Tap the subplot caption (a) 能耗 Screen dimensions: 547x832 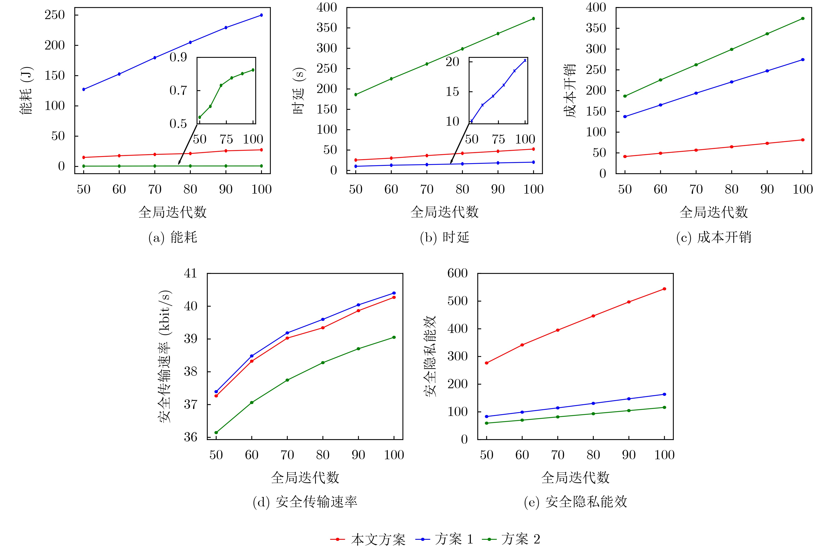tap(173, 237)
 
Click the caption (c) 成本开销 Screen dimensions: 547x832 tap(713, 237)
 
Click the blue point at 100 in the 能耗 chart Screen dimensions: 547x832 tap(261, 15)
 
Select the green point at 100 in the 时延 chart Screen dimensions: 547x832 tap(533, 18)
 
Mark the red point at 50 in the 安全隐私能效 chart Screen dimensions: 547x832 tap(487, 363)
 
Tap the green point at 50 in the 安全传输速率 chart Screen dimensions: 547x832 tap(216, 433)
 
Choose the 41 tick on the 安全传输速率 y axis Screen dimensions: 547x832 tap(191, 273)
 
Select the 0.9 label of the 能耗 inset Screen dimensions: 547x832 tap(178, 57)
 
